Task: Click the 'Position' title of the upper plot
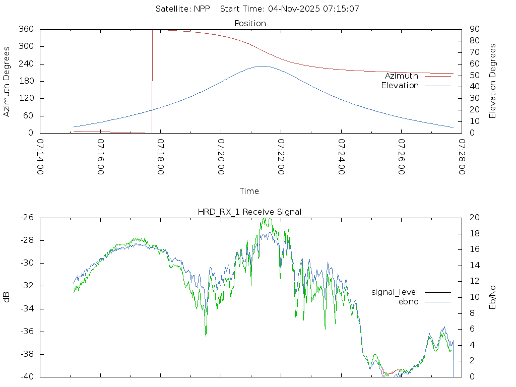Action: (x=250, y=23)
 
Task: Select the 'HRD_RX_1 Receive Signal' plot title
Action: (x=250, y=212)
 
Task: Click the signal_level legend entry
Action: (x=395, y=292)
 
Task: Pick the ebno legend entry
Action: (x=408, y=301)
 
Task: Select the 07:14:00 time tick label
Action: (x=40, y=157)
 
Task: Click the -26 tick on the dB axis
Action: (x=27, y=218)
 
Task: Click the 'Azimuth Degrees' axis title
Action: (x=7, y=81)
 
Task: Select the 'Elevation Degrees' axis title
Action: (x=493, y=81)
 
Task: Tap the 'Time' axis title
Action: (x=249, y=191)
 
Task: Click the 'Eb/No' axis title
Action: (x=493, y=297)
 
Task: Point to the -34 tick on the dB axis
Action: (x=27, y=309)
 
